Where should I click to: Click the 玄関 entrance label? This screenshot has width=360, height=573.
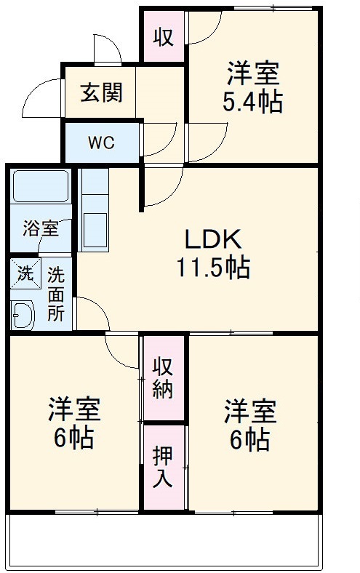(x=101, y=92)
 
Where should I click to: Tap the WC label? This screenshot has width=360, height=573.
(x=101, y=143)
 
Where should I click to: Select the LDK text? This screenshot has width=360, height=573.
(x=211, y=238)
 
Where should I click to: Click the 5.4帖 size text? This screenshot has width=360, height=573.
(x=252, y=103)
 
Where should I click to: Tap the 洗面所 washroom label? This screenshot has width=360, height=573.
(x=56, y=294)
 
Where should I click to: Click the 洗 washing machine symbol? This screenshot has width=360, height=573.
(x=25, y=275)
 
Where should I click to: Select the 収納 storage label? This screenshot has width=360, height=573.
(x=163, y=378)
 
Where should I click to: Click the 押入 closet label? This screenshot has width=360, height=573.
(x=163, y=466)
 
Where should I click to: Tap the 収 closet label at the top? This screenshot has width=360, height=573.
(x=163, y=36)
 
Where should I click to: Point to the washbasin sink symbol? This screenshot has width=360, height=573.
(x=23, y=316)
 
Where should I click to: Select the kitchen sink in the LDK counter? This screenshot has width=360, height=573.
(x=94, y=229)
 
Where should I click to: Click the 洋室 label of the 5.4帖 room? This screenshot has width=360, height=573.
(x=252, y=73)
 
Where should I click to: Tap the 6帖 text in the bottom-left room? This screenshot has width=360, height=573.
(x=74, y=438)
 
